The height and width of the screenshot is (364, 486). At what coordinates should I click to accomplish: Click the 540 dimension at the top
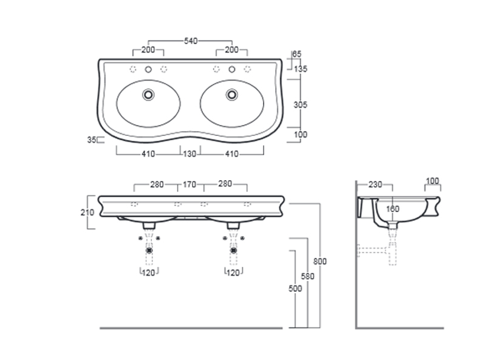[190, 41]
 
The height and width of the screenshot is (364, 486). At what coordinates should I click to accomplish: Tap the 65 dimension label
[297, 54]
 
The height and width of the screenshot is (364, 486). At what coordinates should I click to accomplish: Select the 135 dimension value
[300, 69]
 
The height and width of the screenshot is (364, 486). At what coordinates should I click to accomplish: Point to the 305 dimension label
[300, 105]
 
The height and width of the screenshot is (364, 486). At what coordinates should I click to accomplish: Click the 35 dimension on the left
[92, 140]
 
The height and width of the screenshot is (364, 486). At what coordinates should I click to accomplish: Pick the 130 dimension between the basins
[190, 154]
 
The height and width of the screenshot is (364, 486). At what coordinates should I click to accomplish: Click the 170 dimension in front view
[190, 184]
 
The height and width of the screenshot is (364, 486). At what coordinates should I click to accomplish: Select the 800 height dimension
[320, 261]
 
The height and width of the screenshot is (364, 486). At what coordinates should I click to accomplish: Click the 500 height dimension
[295, 289]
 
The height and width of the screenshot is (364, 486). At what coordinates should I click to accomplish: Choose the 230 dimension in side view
[374, 184]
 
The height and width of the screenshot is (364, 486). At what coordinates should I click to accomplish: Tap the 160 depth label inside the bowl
[393, 209]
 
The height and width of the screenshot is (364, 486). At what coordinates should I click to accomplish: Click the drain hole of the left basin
[148, 95]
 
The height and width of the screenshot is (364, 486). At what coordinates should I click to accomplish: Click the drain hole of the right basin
[231, 95]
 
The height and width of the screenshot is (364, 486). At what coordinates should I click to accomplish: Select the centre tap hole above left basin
[148, 69]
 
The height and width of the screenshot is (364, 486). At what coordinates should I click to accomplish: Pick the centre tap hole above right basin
[231, 69]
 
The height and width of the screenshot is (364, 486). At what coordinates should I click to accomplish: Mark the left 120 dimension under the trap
[149, 274]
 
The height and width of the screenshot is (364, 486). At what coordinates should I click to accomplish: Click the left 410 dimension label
[148, 154]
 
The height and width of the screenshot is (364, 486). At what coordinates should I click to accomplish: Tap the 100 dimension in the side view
[432, 181]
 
